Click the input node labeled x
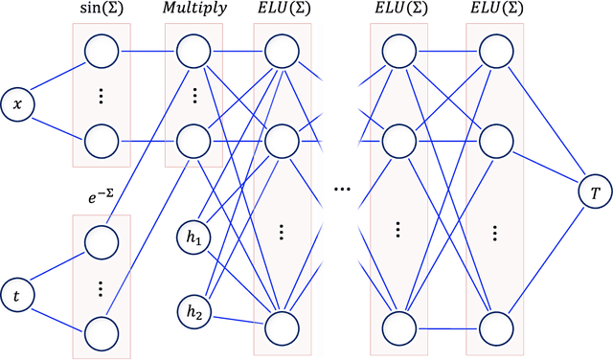[17, 102]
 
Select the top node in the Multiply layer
[193, 50]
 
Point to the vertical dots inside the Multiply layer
[193, 96]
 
